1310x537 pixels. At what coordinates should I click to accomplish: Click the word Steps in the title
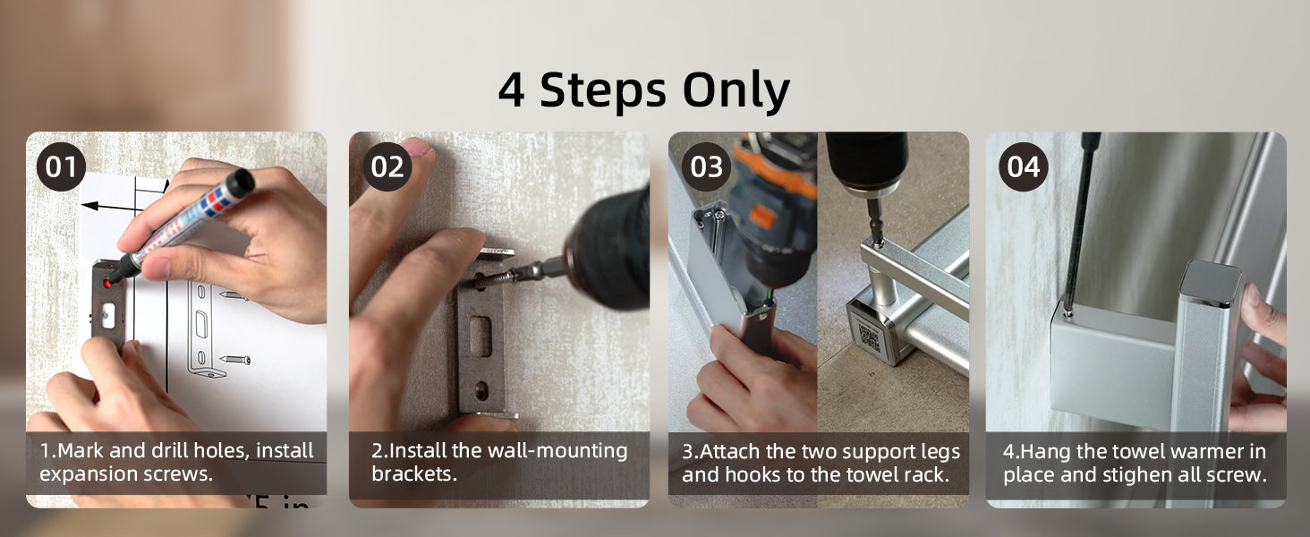(603, 91)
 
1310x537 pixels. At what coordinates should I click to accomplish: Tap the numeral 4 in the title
(511, 90)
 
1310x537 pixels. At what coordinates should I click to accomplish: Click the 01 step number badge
(61, 166)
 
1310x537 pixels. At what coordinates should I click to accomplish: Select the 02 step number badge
(387, 166)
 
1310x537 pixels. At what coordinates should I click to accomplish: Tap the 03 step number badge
(707, 166)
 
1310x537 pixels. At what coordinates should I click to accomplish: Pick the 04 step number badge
(1024, 166)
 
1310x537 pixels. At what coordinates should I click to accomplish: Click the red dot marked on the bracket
(107, 284)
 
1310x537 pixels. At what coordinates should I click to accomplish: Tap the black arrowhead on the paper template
(89, 206)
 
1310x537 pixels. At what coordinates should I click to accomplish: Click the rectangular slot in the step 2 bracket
(481, 336)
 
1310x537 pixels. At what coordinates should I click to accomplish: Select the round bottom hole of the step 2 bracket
(481, 391)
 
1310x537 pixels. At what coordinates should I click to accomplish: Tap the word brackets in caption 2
(414, 473)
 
